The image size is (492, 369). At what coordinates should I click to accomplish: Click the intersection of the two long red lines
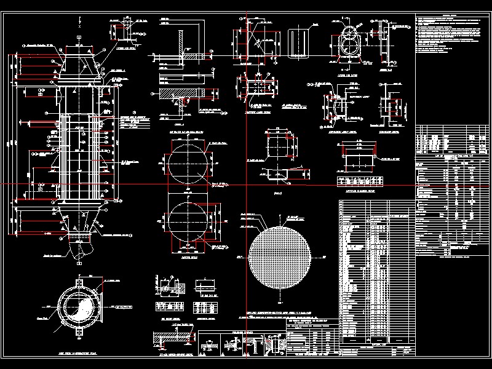pyautogui.click(x=246, y=184)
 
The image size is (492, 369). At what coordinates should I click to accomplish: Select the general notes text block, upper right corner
pyautogui.click(x=453, y=34)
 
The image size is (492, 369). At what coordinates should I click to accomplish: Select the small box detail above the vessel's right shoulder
pyautogui.click(x=125, y=24)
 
